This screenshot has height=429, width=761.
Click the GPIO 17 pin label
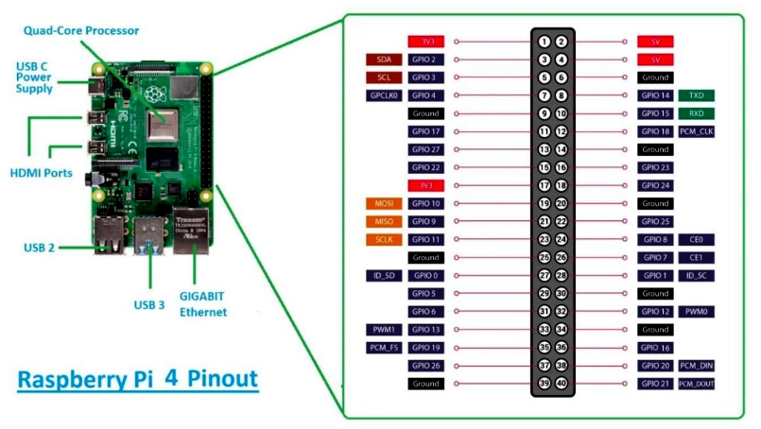425,131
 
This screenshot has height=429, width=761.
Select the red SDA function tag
384,60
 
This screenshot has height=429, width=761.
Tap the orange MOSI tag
384,203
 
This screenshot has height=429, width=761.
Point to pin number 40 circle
562,384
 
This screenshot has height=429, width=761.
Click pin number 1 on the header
545,42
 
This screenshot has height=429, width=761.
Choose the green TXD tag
696,95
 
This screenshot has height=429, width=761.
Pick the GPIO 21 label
655,384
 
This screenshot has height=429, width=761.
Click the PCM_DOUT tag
696,384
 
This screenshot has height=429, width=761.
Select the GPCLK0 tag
384,95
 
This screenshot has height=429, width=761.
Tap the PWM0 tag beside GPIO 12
696,312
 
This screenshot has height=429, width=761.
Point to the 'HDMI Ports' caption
41,173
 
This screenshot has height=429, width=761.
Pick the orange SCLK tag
384,239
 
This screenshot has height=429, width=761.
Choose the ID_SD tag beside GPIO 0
384,275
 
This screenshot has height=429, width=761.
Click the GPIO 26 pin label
425,366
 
